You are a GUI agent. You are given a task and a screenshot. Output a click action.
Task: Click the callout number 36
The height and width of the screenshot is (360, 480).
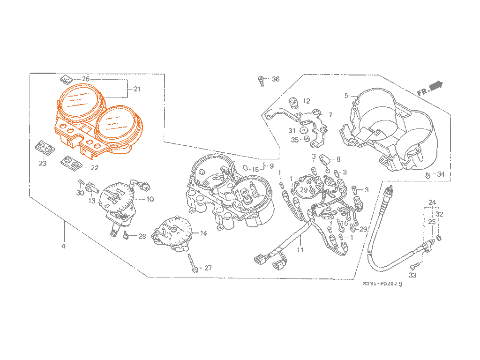275,79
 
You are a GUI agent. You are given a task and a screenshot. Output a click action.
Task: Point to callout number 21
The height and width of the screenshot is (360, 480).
137,89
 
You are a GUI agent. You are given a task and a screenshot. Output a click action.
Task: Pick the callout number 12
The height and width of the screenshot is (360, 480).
306,101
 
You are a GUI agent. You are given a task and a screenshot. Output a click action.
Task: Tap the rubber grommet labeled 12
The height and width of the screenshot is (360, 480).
294,100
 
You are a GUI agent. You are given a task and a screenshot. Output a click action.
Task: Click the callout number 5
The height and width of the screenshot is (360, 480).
347,96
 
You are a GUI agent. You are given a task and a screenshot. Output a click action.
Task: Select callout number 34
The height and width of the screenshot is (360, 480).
440,174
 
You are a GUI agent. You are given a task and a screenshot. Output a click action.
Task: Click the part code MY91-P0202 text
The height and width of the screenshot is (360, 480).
382,284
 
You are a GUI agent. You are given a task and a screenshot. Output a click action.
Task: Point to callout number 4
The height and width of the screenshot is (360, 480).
63,246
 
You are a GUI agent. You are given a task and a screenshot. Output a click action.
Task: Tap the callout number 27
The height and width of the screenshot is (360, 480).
208,268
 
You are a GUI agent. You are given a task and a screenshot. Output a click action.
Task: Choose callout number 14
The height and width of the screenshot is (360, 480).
203,233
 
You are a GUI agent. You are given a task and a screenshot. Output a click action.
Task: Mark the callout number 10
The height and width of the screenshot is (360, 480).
150,199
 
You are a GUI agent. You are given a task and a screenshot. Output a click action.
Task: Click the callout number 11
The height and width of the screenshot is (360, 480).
300,250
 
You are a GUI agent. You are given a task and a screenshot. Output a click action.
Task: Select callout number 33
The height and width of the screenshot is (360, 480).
412,275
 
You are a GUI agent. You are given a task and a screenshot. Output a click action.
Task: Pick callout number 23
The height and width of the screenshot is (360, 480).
43,164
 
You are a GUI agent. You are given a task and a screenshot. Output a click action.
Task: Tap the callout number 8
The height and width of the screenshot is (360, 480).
338,159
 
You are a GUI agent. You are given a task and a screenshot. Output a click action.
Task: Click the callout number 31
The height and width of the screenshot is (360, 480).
292,130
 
